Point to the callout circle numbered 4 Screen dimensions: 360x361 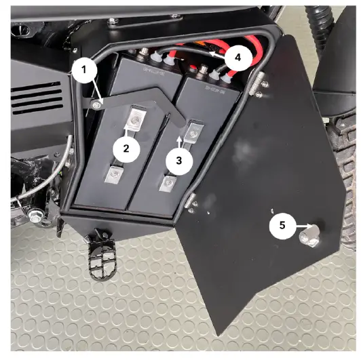coord(236,58)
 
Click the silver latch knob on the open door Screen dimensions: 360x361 coord(310,235)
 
